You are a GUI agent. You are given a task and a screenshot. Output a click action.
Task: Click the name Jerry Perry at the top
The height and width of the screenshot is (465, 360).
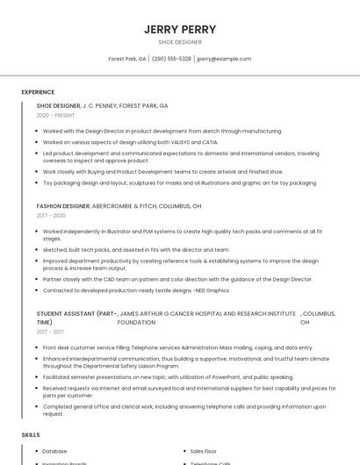(179, 29)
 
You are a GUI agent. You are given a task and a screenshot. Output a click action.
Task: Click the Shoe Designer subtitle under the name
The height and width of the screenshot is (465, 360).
(179, 42)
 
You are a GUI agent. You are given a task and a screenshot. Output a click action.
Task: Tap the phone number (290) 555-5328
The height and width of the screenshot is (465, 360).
(171, 59)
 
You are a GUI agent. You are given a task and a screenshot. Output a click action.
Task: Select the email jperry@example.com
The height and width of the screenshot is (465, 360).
(224, 59)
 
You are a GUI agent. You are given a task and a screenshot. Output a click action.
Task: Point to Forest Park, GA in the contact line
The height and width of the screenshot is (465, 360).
(126, 59)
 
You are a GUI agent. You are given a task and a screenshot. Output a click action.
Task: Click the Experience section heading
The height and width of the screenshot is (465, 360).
(38, 92)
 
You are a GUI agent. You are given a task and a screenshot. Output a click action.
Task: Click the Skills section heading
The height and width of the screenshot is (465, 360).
(31, 434)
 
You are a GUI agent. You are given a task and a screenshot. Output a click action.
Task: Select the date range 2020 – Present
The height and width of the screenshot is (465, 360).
(55, 115)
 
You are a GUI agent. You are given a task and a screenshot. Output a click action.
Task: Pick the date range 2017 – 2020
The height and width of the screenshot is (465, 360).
(51, 215)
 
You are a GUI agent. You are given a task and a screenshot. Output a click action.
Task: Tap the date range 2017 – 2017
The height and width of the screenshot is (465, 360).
(51, 332)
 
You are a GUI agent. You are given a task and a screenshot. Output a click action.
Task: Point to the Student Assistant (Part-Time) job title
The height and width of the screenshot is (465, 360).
(76, 318)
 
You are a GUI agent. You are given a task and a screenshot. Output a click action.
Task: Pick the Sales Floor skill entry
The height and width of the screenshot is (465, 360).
(204, 451)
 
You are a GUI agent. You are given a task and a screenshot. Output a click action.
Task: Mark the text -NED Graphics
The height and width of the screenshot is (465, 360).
(212, 290)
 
